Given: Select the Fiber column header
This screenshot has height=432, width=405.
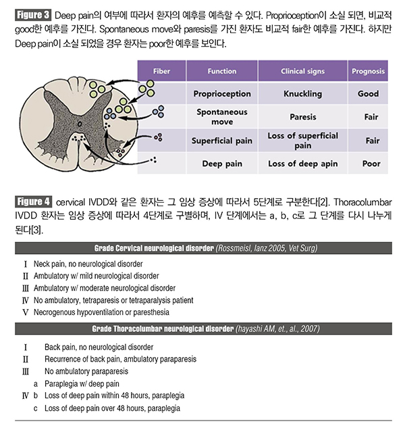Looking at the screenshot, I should click(x=161, y=70).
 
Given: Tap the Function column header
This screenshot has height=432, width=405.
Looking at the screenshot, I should click(x=222, y=70).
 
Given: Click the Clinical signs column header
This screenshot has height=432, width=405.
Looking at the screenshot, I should click(x=303, y=70).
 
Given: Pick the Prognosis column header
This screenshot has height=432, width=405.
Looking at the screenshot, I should click(x=369, y=70).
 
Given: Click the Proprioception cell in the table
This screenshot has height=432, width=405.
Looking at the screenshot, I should click(x=222, y=94).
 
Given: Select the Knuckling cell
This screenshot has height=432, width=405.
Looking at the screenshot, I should click(x=303, y=94).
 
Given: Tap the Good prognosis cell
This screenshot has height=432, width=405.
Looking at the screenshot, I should click(x=369, y=94).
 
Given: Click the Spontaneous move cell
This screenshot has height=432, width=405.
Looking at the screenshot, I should click(x=222, y=116).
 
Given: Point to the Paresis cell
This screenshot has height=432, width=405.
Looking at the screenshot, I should click(x=303, y=116).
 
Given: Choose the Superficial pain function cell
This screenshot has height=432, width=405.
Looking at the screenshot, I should click(x=222, y=141).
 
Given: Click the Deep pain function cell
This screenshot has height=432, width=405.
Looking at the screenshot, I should click(x=222, y=164).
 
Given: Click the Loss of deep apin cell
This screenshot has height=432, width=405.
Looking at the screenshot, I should click(x=303, y=164).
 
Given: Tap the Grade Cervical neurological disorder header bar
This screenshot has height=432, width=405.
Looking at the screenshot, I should click(x=202, y=249).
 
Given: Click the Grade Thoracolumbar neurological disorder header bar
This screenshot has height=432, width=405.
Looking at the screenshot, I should click(x=202, y=329).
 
